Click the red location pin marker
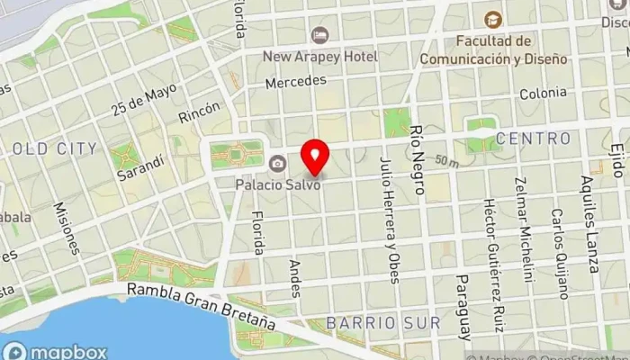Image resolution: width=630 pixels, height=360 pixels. [x=314, y=157]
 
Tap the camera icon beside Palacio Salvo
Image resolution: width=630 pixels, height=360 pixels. [x=277, y=163]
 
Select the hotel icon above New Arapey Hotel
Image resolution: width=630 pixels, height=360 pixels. [x=319, y=35]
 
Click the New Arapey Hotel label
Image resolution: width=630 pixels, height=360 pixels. [x=319, y=57]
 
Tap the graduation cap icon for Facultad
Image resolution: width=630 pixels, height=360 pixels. [x=492, y=19]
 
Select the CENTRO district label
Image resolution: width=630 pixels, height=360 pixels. [x=534, y=139]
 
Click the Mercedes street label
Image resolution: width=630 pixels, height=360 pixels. [x=296, y=81]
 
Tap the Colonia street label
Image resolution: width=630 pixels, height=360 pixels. [x=543, y=93]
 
